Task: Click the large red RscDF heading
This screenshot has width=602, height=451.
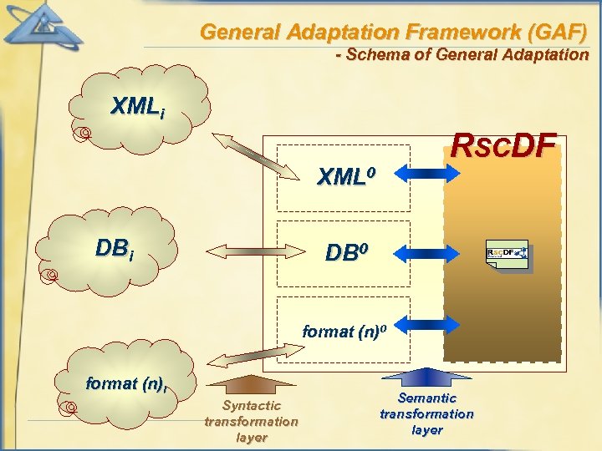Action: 503,146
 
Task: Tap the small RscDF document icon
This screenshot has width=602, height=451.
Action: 507,256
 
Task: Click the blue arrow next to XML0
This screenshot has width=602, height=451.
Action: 427,173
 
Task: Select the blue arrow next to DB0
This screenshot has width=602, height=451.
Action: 427,251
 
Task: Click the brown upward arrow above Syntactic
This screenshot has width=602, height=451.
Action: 251,383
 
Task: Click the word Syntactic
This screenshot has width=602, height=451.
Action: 252,406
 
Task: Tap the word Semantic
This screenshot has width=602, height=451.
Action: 426,398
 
